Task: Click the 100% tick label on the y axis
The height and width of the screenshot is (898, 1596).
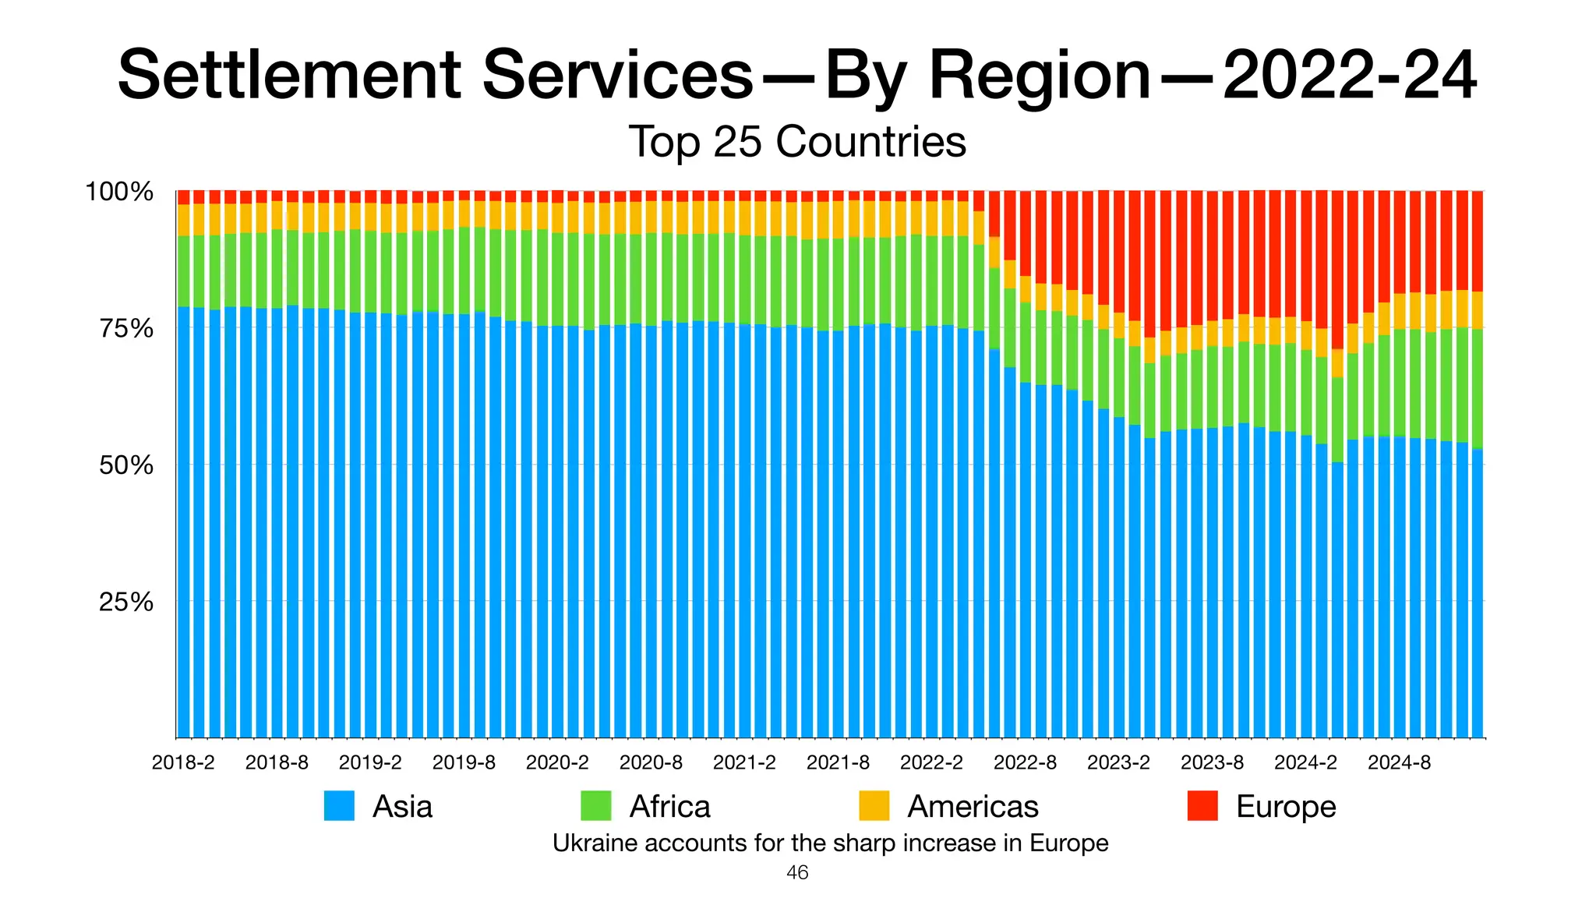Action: pyautogui.click(x=119, y=192)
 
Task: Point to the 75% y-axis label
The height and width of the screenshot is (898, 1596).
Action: pyautogui.click(x=125, y=329)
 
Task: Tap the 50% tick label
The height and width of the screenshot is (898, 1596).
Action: pyautogui.click(x=125, y=466)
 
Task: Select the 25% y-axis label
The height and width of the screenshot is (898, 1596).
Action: pyautogui.click(x=125, y=603)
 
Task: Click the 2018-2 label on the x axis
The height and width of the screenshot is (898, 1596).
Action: pyautogui.click(x=183, y=763)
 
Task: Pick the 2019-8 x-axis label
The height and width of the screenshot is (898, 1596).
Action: pyautogui.click(x=464, y=763)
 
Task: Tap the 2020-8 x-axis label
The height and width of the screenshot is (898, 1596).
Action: pyautogui.click(x=651, y=763)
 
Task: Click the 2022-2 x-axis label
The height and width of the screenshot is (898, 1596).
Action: pyautogui.click(x=931, y=763)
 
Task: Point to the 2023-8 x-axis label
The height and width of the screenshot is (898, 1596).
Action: pyautogui.click(x=1212, y=763)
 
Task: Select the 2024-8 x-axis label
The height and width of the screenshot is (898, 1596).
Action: pyautogui.click(x=1399, y=763)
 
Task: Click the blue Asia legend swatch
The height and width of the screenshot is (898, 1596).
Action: pyautogui.click(x=339, y=806)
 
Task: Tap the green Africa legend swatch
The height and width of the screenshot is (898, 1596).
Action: pyautogui.click(x=596, y=806)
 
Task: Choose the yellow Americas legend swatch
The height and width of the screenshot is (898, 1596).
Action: pyautogui.click(x=874, y=806)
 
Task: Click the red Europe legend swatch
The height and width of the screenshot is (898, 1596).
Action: pyautogui.click(x=1202, y=806)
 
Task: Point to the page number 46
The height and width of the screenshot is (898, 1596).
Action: pyautogui.click(x=797, y=873)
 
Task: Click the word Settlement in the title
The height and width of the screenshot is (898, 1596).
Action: pyautogui.click(x=289, y=76)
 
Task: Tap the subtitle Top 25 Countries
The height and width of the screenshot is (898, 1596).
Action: pyautogui.click(x=797, y=142)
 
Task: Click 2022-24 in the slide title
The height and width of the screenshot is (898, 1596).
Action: pyautogui.click(x=1349, y=76)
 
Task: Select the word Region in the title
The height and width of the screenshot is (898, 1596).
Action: pyautogui.click(x=1040, y=76)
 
